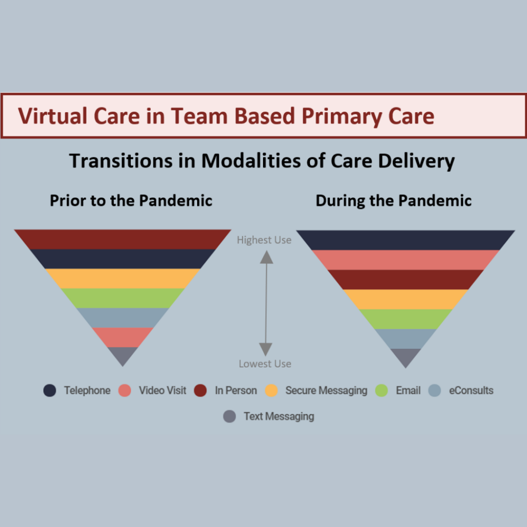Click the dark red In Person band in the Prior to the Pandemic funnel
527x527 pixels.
122,239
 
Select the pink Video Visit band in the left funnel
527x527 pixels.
122,338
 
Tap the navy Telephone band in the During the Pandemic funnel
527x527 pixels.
406,240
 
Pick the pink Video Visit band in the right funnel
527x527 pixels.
406,260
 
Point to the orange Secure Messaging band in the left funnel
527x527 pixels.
122,278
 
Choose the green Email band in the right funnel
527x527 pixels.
406,319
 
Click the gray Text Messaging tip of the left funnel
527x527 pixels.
122,355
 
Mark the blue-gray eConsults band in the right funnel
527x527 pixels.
406,339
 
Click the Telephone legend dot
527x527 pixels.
50,390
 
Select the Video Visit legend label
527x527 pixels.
162,390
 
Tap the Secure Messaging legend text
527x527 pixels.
326,391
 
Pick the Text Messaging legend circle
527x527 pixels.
230,416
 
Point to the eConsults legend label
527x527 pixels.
471,390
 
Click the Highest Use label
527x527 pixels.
264,240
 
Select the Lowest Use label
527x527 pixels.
265,364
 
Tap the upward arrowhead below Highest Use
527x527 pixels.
267,257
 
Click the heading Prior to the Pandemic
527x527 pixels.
131,201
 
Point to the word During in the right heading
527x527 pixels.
340,201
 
